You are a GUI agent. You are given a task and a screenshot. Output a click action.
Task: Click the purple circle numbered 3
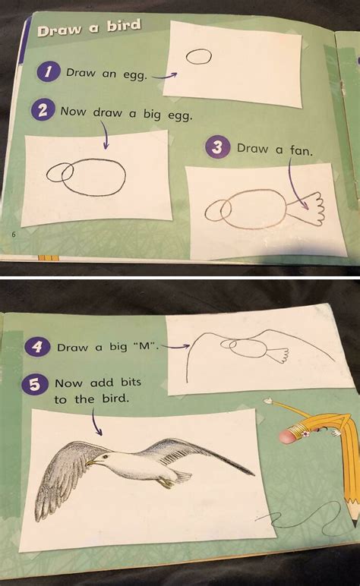tap(219, 147)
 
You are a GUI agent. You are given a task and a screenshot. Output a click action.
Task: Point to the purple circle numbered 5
tap(34, 385)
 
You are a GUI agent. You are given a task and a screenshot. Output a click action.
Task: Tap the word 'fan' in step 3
tap(300, 150)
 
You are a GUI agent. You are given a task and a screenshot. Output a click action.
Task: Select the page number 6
tap(14, 234)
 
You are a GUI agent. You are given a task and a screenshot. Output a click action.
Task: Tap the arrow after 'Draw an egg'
tap(164, 75)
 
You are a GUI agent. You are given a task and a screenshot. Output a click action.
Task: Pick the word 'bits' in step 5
tap(127, 384)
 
